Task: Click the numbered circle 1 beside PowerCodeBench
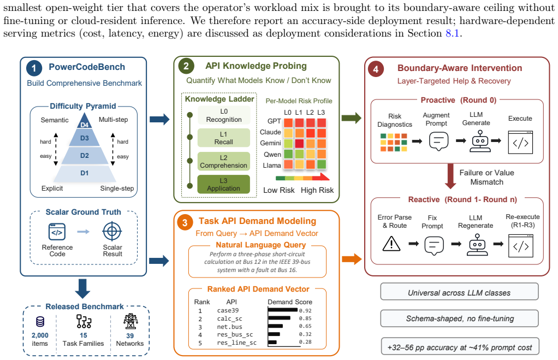34,68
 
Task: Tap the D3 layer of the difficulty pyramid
84,138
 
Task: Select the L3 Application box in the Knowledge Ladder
223,185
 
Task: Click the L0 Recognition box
224,115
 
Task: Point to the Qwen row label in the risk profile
272,155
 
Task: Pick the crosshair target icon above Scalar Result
112,232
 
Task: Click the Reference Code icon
57,232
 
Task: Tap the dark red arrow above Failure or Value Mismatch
450,176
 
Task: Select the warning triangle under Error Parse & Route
391,244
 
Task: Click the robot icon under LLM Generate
480,141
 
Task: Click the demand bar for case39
283,310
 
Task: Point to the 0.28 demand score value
305,342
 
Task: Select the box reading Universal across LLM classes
459,292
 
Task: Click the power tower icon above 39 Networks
130,321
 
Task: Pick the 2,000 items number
40,335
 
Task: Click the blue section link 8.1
453,33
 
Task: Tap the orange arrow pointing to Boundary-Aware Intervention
352,259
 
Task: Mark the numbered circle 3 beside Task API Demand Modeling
185,223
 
